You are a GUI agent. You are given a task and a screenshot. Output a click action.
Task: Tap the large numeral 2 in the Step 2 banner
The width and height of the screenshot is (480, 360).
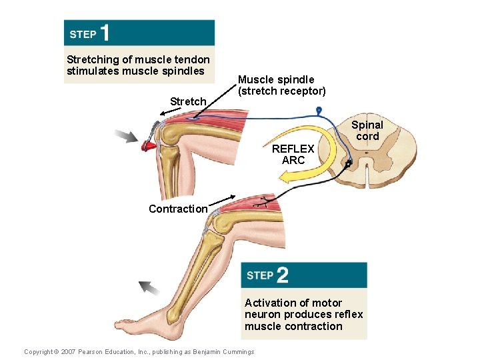click(x=281, y=275)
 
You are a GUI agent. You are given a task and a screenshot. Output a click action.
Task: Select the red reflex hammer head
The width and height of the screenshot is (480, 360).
click(x=149, y=144)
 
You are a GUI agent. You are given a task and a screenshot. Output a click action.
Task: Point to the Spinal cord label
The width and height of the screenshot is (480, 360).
click(x=367, y=130)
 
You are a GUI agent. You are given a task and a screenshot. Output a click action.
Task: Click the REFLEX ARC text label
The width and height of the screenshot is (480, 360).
click(x=293, y=155)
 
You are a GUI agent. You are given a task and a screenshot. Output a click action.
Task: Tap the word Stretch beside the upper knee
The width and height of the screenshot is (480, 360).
click(x=188, y=101)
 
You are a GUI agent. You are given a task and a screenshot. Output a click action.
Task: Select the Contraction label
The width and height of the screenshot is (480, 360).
click(x=178, y=209)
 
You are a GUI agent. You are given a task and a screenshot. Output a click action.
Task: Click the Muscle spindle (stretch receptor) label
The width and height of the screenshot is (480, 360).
click(x=282, y=85)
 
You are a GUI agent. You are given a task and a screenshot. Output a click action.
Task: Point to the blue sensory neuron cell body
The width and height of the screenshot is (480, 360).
click(x=319, y=109)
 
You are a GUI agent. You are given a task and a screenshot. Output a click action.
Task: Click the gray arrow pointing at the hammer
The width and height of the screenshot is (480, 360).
click(x=125, y=136)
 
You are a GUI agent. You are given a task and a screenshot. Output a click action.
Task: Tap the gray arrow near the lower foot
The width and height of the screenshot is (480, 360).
click(x=149, y=288)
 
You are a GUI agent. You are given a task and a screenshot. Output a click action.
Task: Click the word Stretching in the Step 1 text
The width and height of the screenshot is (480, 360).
click(x=91, y=59)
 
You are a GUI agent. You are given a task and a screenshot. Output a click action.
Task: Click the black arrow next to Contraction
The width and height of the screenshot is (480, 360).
click(x=223, y=199)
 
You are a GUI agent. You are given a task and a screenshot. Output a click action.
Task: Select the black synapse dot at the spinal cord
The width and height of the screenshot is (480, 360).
click(x=349, y=163)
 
